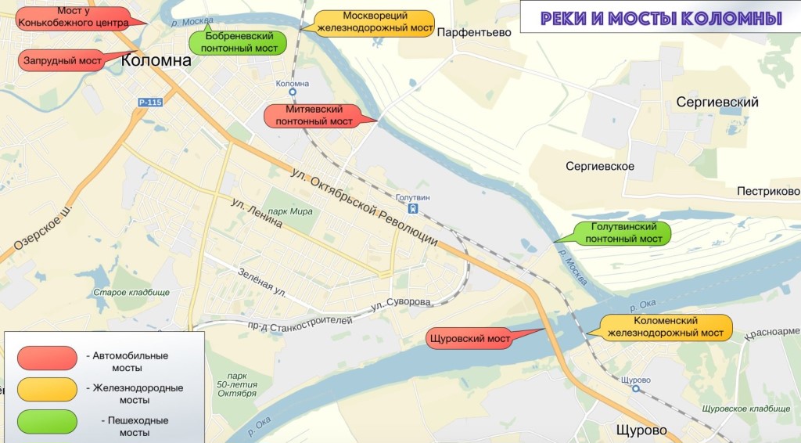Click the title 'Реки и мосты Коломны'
click(x=660, y=17)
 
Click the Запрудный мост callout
click(x=63, y=60)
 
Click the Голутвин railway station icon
click(x=412, y=209)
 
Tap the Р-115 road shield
click(x=149, y=103)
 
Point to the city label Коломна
click(x=156, y=61)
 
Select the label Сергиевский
click(x=717, y=103)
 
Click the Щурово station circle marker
click(x=635, y=387)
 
